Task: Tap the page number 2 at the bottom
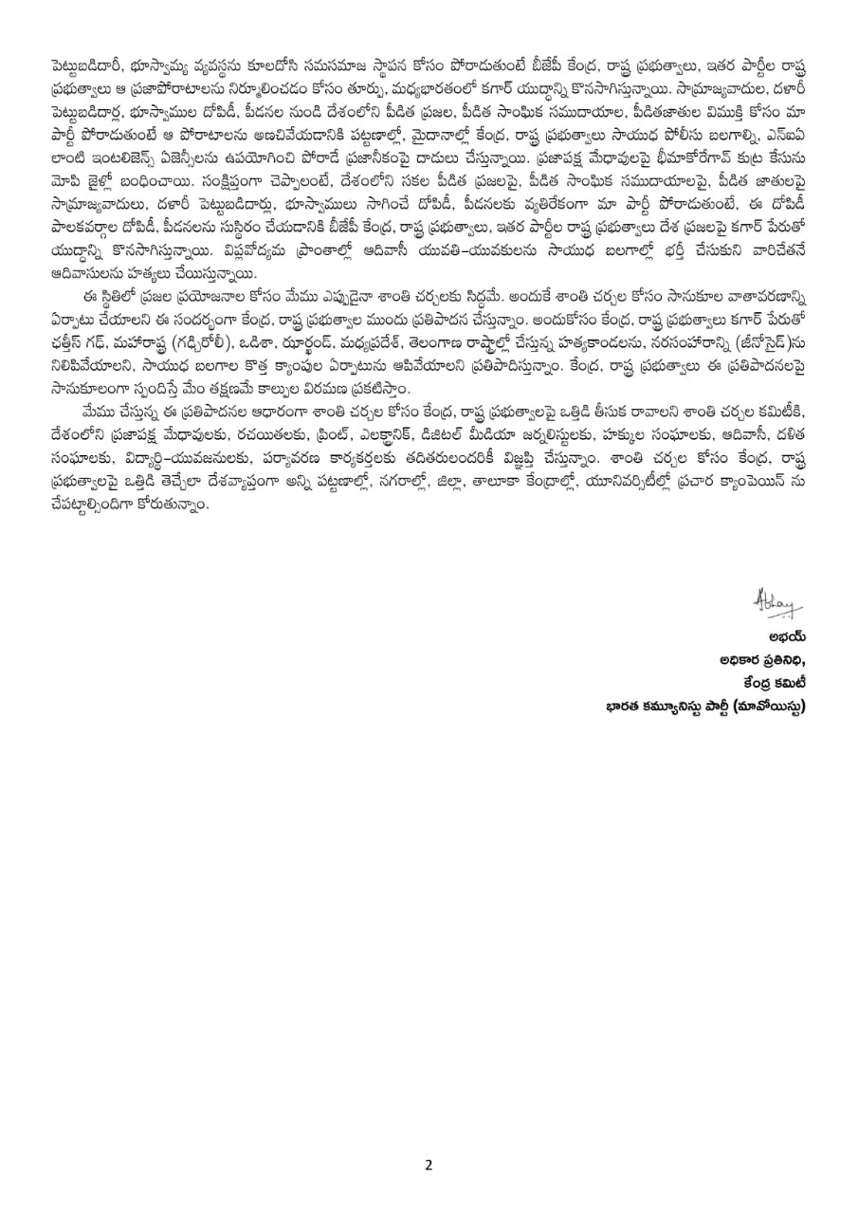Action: click(x=429, y=1165)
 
